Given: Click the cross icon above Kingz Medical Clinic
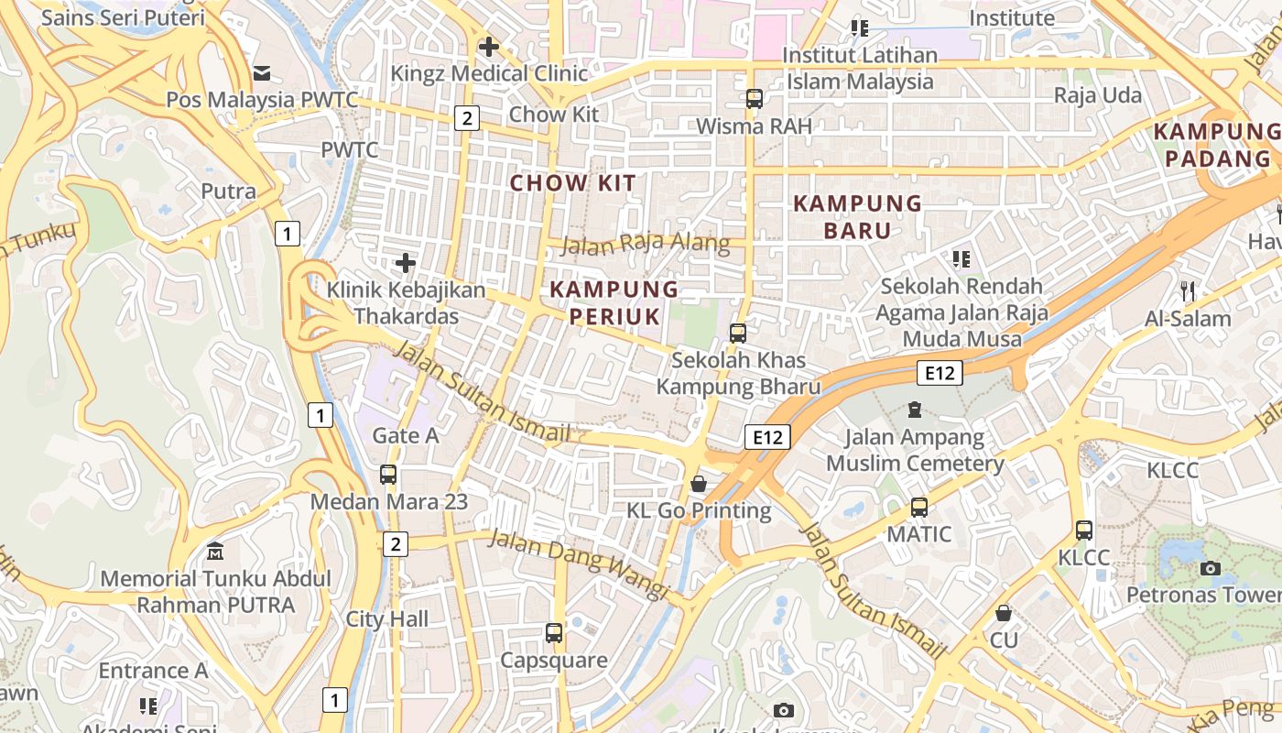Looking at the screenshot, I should pos(488,47).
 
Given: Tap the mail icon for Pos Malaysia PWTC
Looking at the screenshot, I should pos(262,73).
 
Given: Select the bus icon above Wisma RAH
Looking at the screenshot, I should pos(755,99).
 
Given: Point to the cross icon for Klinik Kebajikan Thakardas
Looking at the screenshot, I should pos(406,264).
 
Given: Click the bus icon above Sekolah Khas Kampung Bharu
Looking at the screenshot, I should pos(738,334).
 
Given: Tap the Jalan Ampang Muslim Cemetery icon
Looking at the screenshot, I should pos(914,410).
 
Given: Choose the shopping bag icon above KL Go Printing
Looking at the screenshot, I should pos(699,483).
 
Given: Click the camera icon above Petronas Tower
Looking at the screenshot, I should pos(1211,568).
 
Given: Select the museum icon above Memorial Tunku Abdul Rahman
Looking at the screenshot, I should pos(215,552).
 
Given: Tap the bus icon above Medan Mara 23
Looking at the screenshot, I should pos(388,475).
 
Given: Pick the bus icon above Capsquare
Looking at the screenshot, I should pos(553,632).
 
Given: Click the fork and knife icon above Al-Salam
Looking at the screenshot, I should pos(1188,291).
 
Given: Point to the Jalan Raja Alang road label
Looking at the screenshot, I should pos(645,244).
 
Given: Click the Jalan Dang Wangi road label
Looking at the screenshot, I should pos(579,563).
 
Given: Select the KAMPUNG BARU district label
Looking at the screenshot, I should pos(857,216).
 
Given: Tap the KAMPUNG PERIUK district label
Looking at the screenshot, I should pos(614,302).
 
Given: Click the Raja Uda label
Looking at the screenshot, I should pos(1098,95).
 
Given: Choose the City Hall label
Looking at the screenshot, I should pos(386,619).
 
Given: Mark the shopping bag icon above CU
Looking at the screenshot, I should pos(1004,613).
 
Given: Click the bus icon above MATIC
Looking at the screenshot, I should pos(919,507).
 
